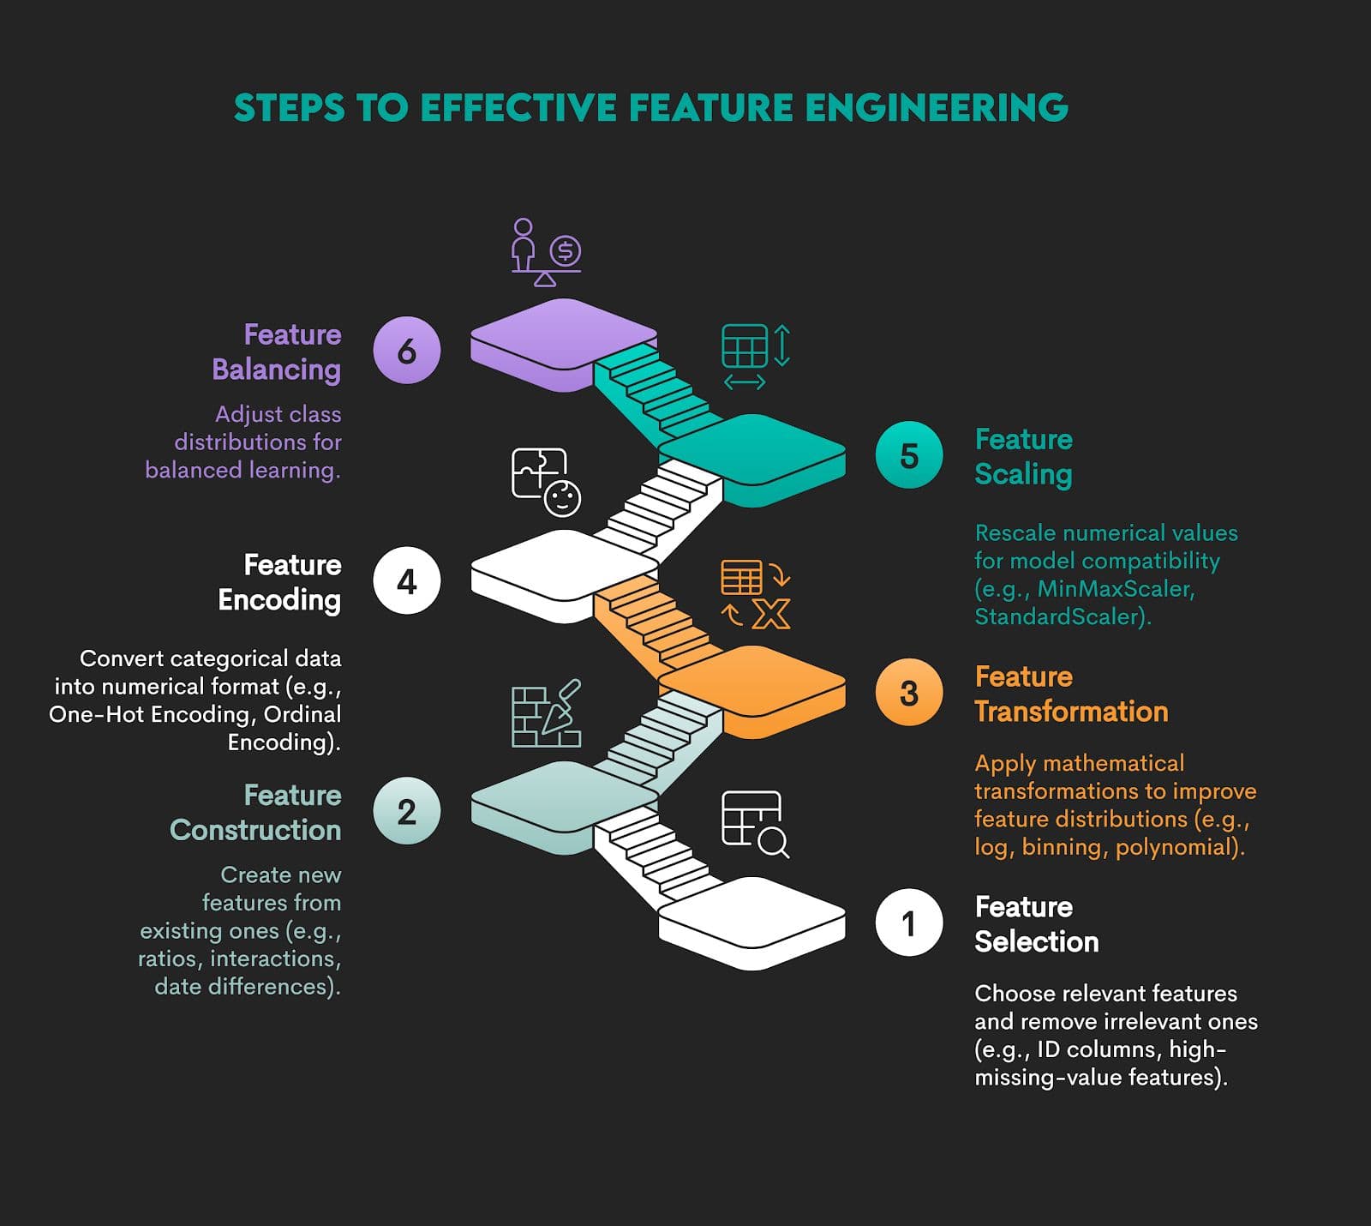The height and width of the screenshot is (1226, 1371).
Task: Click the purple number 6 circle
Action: point(407,350)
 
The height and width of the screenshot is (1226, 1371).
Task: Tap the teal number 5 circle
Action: point(909,455)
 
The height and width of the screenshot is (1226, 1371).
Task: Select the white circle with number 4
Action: point(407,581)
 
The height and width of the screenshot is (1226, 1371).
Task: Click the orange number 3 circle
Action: point(909,693)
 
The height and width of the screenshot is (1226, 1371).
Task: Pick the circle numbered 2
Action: point(407,811)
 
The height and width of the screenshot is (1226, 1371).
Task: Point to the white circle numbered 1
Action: point(909,923)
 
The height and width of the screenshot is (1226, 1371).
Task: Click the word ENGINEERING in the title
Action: point(936,108)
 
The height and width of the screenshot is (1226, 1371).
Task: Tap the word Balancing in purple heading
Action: point(276,370)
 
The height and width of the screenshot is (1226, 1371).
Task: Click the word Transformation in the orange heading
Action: point(1071,712)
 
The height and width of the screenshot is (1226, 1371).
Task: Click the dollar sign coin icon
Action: point(565,251)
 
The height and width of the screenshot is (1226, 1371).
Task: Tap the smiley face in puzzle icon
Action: point(562,498)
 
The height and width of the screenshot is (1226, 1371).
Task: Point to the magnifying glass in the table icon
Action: point(774,842)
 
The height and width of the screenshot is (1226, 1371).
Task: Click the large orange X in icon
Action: point(770,614)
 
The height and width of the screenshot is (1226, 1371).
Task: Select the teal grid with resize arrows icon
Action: point(754,356)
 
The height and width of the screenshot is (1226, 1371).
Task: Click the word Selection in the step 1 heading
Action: point(1036,941)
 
